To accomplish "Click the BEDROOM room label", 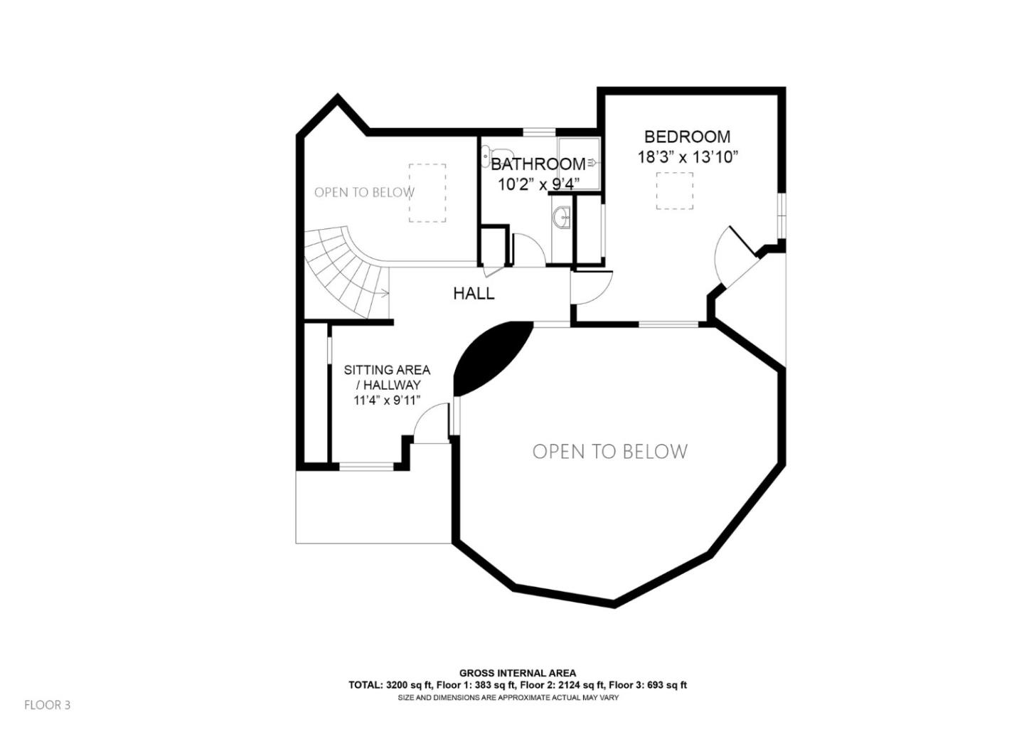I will (x=687, y=137).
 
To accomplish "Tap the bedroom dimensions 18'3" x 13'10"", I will (x=688, y=158).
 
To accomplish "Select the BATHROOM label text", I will (x=538, y=164).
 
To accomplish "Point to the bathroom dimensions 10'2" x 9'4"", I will (x=538, y=184).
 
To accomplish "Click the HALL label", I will (x=474, y=294).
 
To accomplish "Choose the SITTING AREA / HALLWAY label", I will (x=387, y=377).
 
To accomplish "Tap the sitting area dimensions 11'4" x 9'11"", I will (x=387, y=401).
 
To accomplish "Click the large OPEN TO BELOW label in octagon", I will (x=610, y=452).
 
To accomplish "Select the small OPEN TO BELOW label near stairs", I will (x=364, y=192).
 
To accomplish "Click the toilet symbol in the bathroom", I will (x=487, y=154).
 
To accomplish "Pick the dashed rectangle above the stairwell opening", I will (x=427, y=193).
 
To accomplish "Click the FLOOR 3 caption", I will (x=48, y=705).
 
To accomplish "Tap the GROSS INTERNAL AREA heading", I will (x=518, y=673).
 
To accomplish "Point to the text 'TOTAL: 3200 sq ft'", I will (x=390, y=686).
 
